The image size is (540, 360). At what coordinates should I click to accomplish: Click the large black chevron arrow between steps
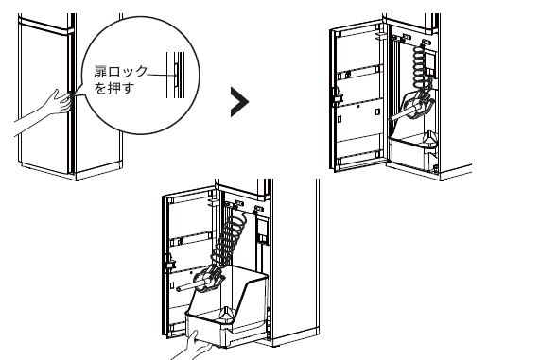point(240,102)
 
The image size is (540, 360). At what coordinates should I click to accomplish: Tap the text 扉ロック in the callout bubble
point(120,72)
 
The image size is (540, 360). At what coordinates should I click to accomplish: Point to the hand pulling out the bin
point(192,347)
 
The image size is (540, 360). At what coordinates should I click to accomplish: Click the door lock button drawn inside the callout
point(176,74)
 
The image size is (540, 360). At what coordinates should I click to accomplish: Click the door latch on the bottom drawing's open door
point(169,262)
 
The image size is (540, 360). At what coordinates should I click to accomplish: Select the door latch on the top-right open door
point(337,95)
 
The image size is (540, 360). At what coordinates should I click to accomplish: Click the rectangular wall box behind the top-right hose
point(430,63)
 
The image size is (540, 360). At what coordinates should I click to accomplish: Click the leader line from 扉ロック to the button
point(161,75)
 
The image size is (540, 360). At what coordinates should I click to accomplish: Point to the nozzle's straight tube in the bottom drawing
point(187,286)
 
